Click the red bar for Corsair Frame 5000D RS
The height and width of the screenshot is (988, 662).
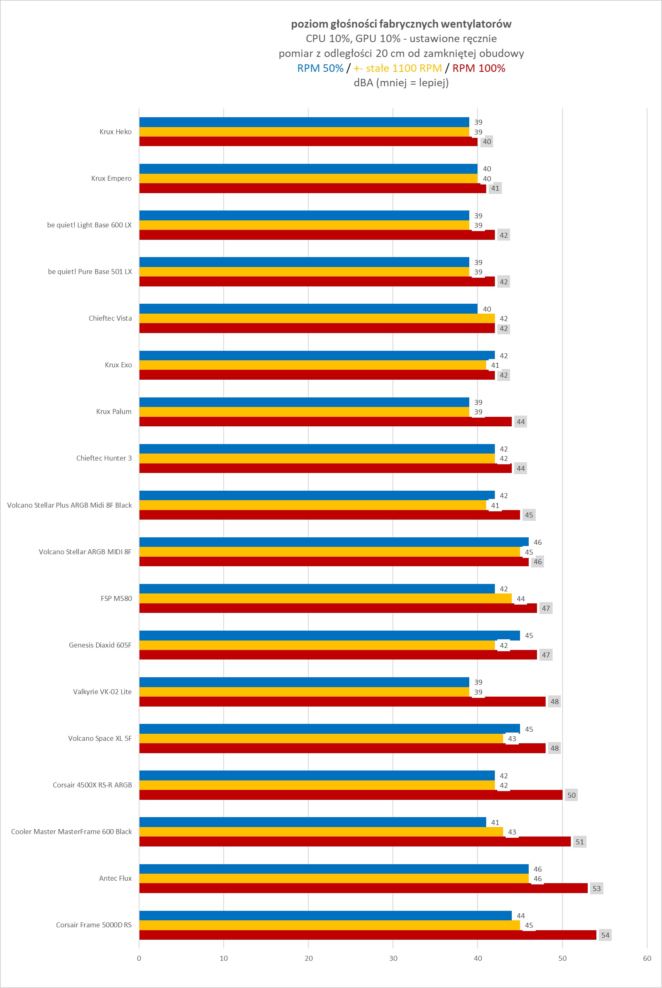[367, 935]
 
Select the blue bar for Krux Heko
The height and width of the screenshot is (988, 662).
[304, 122]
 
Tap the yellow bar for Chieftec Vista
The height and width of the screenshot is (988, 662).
[317, 319]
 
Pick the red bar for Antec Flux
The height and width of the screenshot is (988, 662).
[363, 889]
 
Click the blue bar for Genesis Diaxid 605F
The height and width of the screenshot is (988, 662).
[329, 636]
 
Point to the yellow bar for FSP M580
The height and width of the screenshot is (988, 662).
[325, 598]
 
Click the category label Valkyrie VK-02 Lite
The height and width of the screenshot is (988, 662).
[102, 692]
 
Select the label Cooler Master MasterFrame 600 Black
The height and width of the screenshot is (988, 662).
[71, 832]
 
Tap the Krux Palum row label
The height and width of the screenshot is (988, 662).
[113, 411]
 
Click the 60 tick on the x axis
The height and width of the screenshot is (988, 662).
[647, 958]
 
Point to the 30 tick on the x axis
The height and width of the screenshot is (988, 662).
[393, 958]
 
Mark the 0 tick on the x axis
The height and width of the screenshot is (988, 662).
[139, 958]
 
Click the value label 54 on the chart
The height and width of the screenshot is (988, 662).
[605, 935]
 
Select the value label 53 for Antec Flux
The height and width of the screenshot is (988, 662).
[596, 889]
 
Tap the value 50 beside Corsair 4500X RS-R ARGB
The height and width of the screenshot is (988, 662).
[571, 795]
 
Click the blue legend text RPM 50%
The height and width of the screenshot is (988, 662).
[320, 69]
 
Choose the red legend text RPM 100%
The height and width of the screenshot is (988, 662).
[479, 69]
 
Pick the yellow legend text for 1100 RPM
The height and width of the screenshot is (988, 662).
[398, 69]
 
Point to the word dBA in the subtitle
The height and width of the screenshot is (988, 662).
[363, 83]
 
